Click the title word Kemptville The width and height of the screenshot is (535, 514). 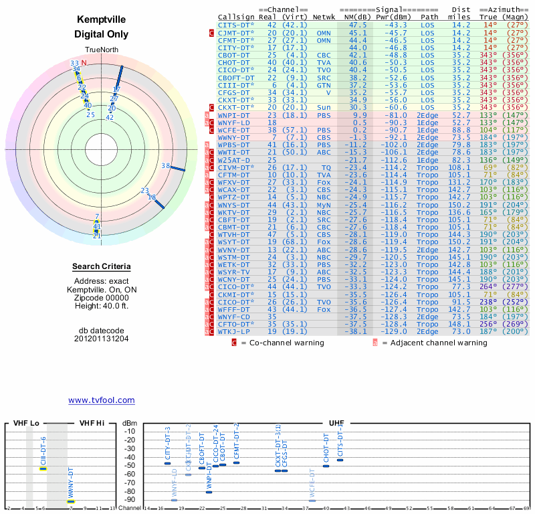tap(102, 19)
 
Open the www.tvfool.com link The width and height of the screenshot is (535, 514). tap(102, 400)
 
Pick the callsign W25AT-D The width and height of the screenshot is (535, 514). tap(233, 160)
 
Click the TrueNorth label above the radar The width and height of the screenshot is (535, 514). tap(102, 50)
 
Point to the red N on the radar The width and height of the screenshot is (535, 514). tap(84, 63)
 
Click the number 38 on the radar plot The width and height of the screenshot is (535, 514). tap(165, 165)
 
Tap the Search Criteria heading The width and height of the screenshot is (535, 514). tap(102, 267)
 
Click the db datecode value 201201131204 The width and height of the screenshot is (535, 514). tap(102, 339)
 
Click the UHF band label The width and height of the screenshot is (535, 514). tap(336, 424)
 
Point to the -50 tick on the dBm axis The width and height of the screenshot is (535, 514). tap(130, 466)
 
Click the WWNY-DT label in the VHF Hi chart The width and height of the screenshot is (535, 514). tap(70, 483)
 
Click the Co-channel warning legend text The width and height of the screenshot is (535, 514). tap(281, 343)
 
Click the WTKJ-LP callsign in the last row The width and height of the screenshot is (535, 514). tap(233, 331)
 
